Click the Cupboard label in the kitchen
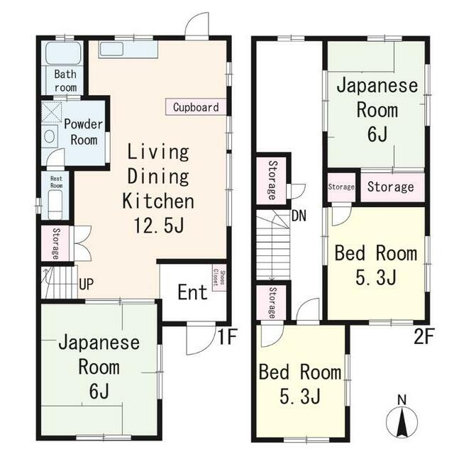(196, 107)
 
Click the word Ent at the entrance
(192, 292)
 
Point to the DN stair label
(299, 216)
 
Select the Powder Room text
(84, 131)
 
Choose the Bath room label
(65, 80)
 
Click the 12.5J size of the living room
(158, 226)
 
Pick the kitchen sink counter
(128, 49)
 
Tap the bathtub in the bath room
(62, 54)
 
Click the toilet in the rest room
(55, 205)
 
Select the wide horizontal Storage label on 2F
(391, 187)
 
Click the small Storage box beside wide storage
(341, 187)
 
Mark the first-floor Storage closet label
(55, 243)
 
